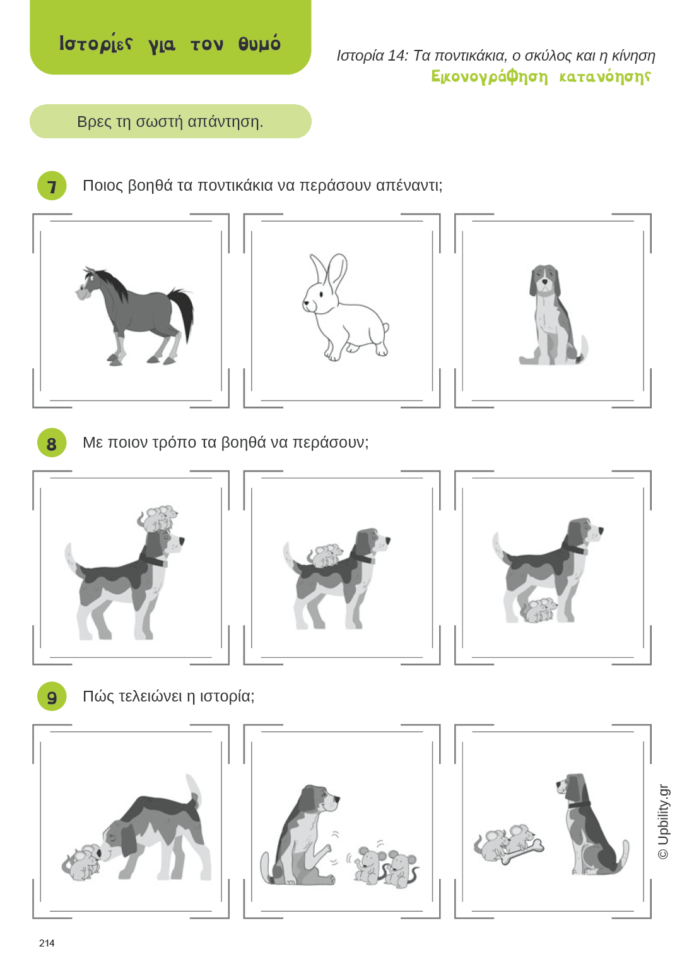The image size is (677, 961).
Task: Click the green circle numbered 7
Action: click(x=52, y=186)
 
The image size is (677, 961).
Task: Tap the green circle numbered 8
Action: click(x=52, y=443)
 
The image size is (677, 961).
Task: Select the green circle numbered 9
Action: click(x=52, y=696)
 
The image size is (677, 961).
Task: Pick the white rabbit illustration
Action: click(x=344, y=307)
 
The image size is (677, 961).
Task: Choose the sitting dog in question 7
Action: click(x=553, y=315)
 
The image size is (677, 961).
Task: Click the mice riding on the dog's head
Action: click(x=158, y=518)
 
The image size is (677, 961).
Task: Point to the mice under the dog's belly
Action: click(x=539, y=610)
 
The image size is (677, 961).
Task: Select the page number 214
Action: click(x=47, y=943)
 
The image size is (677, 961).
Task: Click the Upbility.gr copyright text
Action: click(x=663, y=821)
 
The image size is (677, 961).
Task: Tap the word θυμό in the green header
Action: click(x=259, y=44)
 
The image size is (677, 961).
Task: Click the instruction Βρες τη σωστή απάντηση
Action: click(x=170, y=122)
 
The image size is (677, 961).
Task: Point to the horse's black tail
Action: click(x=182, y=313)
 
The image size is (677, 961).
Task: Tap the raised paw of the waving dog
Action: click(x=327, y=848)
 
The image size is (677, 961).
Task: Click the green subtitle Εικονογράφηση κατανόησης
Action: click(x=541, y=76)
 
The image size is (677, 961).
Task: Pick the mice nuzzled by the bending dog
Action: click(x=81, y=861)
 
